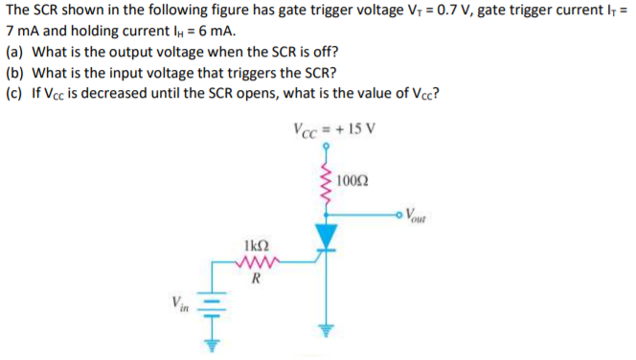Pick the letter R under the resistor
pyautogui.click(x=255, y=281)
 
